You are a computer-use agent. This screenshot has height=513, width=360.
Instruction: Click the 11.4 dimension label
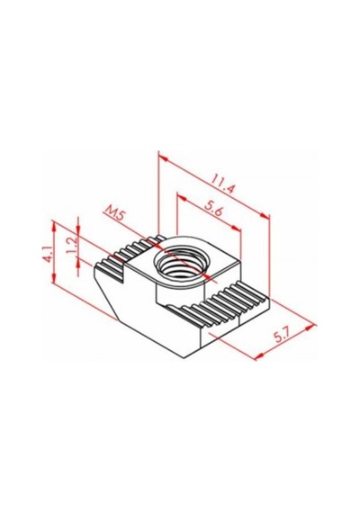click(223, 184)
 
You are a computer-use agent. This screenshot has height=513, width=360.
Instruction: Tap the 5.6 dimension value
click(213, 209)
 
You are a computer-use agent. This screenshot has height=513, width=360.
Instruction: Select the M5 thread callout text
click(113, 214)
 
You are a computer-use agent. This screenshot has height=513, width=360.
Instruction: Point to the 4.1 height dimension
click(48, 255)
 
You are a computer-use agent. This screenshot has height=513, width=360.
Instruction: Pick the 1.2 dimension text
click(71, 246)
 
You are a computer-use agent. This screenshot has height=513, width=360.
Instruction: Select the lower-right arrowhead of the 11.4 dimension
click(265, 215)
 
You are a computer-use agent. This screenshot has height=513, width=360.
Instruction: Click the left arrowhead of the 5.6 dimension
click(182, 198)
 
